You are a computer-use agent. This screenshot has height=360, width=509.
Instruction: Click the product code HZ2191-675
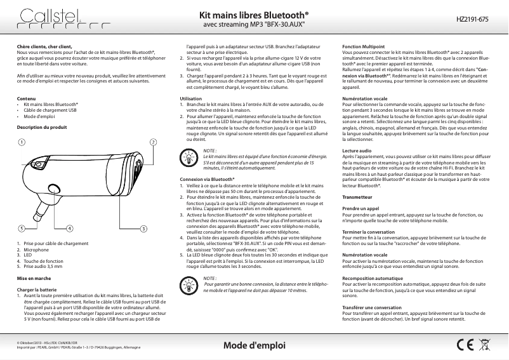[x=473, y=20]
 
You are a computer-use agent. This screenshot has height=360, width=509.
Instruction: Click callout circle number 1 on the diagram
[x=22, y=142]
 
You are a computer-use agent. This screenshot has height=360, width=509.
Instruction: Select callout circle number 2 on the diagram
[x=153, y=142]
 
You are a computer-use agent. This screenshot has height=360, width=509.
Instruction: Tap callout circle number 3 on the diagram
[x=144, y=228]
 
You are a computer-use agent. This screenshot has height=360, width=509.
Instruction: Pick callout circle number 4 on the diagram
[x=69, y=228]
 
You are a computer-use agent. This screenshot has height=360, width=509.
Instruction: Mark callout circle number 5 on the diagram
[x=22, y=228]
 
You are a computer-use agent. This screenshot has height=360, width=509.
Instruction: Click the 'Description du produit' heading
[x=42, y=128]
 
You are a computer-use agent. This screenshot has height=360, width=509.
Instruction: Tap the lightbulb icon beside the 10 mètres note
[x=190, y=284]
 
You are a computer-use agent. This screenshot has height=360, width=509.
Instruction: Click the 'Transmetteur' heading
[x=356, y=197]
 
